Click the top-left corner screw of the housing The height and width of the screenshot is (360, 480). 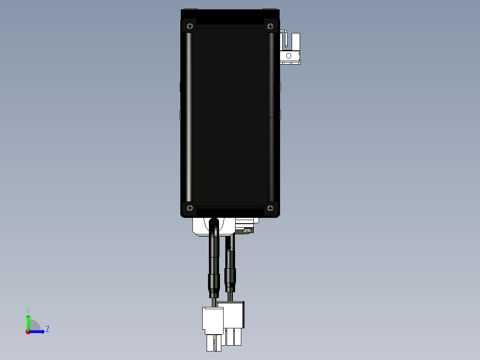pos(190,26)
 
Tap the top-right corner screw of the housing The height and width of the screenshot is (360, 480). pos(270,26)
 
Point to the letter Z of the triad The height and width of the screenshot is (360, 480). pos(48,329)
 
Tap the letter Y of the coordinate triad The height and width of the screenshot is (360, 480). pos(28,309)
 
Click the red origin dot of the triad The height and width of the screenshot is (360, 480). pos(28,332)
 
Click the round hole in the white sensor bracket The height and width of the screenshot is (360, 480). pos(289,56)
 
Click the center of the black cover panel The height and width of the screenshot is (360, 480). pos(230,116)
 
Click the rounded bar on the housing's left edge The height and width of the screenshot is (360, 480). pos(189,116)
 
